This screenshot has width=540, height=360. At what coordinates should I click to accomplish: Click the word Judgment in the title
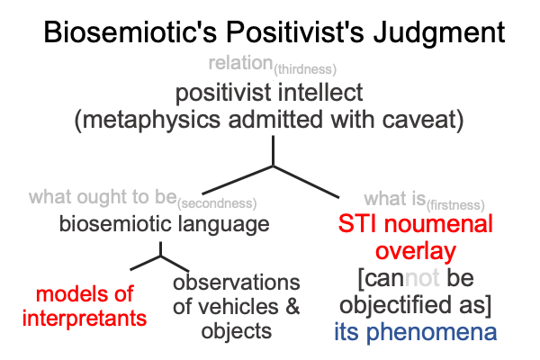(439, 33)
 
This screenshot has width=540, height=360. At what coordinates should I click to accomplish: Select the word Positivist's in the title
(295, 31)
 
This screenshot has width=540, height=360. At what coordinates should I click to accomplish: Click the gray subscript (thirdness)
(305, 69)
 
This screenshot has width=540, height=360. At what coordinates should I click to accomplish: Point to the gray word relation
(240, 63)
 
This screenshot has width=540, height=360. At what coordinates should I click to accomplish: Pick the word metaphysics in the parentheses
(148, 121)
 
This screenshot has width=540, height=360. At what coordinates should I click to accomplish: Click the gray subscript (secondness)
(217, 203)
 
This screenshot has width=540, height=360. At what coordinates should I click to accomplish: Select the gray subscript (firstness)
(455, 205)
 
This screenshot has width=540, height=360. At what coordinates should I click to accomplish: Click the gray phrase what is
(395, 199)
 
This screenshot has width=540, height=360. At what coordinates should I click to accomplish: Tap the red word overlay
(416, 251)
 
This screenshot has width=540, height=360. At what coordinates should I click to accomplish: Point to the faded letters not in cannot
(422, 278)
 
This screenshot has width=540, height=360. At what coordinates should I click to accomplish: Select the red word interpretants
(85, 319)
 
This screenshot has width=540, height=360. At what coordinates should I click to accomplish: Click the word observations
(237, 283)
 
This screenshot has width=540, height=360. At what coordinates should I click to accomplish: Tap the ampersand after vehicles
(292, 306)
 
